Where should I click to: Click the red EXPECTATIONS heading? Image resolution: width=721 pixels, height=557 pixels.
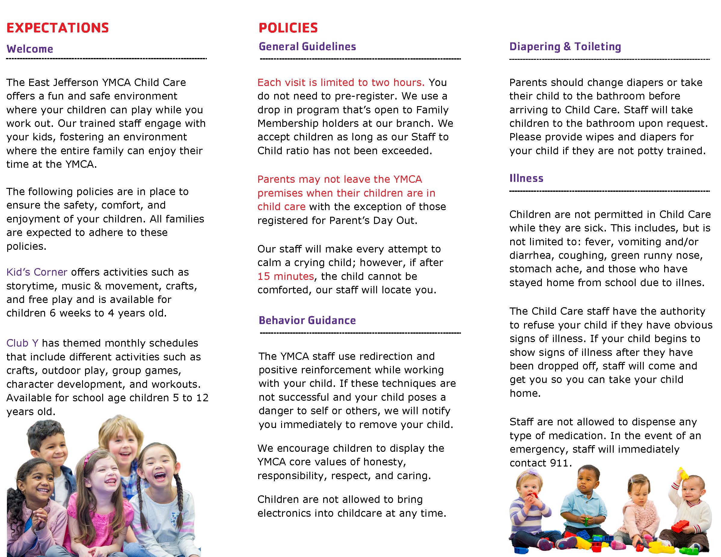[x=57, y=28]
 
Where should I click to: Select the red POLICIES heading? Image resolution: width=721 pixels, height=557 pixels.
[x=288, y=28]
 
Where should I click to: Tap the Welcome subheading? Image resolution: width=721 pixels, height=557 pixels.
[x=30, y=49]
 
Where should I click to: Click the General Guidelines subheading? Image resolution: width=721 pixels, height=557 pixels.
[x=307, y=47]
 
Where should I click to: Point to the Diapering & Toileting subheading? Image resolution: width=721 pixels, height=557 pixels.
[x=565, y=47]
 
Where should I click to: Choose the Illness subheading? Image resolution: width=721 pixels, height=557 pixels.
[x=526, y=178]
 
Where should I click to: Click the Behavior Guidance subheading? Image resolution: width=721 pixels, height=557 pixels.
[x=307, y=320]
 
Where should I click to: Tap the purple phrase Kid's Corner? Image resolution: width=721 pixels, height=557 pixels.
[x=37, y=272]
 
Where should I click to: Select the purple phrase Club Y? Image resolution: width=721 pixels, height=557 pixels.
[x=22, y=343]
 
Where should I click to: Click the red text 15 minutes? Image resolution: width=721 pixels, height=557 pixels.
[x=286, y=276]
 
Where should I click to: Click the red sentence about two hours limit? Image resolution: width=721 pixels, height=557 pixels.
[x=341, y=82]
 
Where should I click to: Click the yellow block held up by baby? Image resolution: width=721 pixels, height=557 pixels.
[x=683, y=474]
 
